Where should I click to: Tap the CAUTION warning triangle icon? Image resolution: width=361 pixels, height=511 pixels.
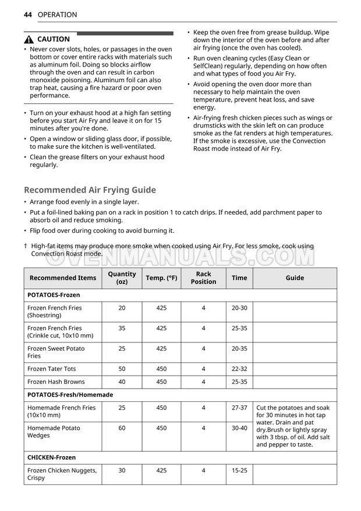pos(29,40)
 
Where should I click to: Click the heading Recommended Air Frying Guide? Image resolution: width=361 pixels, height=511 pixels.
pos(90,190)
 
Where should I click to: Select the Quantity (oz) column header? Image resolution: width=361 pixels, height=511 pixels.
pos(122,278)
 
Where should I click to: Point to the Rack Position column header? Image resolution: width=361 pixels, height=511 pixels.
pos(203,278)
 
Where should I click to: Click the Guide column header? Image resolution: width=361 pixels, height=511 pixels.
pos(295,278)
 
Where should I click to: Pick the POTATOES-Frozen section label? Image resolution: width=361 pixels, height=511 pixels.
pos(54,295)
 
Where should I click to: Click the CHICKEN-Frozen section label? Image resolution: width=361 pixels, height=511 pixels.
pos(51,457)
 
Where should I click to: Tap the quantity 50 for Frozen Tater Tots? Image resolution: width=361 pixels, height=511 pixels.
pos(122,369)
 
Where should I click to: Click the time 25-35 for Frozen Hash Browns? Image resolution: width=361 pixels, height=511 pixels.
pos(239,381)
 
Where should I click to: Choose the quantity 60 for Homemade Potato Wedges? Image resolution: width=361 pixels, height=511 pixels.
pos(122,428)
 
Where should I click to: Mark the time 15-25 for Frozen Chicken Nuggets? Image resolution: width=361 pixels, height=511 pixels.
pos(239,470)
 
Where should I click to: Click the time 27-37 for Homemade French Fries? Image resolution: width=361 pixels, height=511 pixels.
pos(239,408)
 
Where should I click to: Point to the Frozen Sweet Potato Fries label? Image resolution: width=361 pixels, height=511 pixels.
pos(56,352)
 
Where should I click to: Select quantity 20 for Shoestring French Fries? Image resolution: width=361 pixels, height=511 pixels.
pos(122,307)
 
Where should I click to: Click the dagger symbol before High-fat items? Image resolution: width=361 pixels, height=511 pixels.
pos(26,246)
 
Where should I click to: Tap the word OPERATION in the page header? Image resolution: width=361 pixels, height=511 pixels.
pos(57,15)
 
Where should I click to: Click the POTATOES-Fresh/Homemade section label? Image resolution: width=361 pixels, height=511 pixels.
pos(70,394)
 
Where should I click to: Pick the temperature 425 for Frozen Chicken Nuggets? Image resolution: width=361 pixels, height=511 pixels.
pos(161,470)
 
